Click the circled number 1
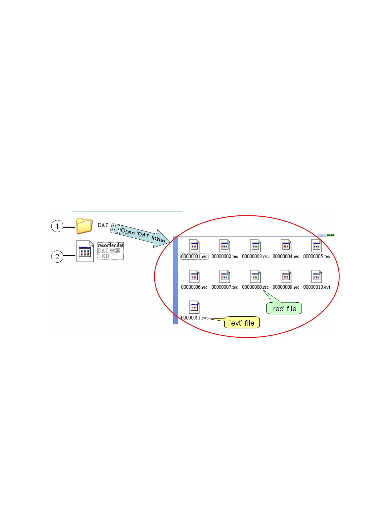coord(57,226)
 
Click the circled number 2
coord(57,257)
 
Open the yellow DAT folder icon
coord(84,226)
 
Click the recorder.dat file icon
coord(85,251)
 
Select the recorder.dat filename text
coord(111,246)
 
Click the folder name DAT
coord(103,225)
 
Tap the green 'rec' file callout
coord(284,309)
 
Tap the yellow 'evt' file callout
coord(242,323)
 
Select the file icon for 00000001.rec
coord(194,246)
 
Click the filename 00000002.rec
coord(225,256)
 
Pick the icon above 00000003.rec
coord(255,246)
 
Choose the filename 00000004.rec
coord(286,256)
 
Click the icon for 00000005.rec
coord(317,246)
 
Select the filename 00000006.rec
coord(194,287)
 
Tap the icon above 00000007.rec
coord(225,277)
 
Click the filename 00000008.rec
coord(255,287)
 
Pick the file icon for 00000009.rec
coord(286,277)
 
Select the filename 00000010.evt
coord(317,287)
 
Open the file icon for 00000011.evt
coord(194,307)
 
